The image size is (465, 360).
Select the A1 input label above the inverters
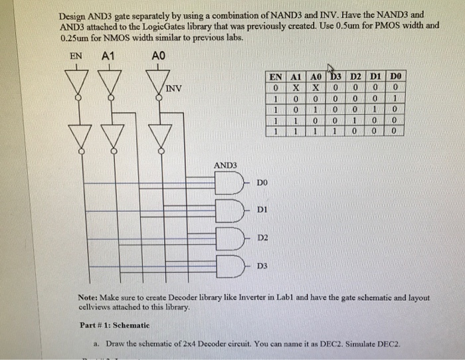108,56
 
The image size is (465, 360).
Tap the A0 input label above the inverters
158,56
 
